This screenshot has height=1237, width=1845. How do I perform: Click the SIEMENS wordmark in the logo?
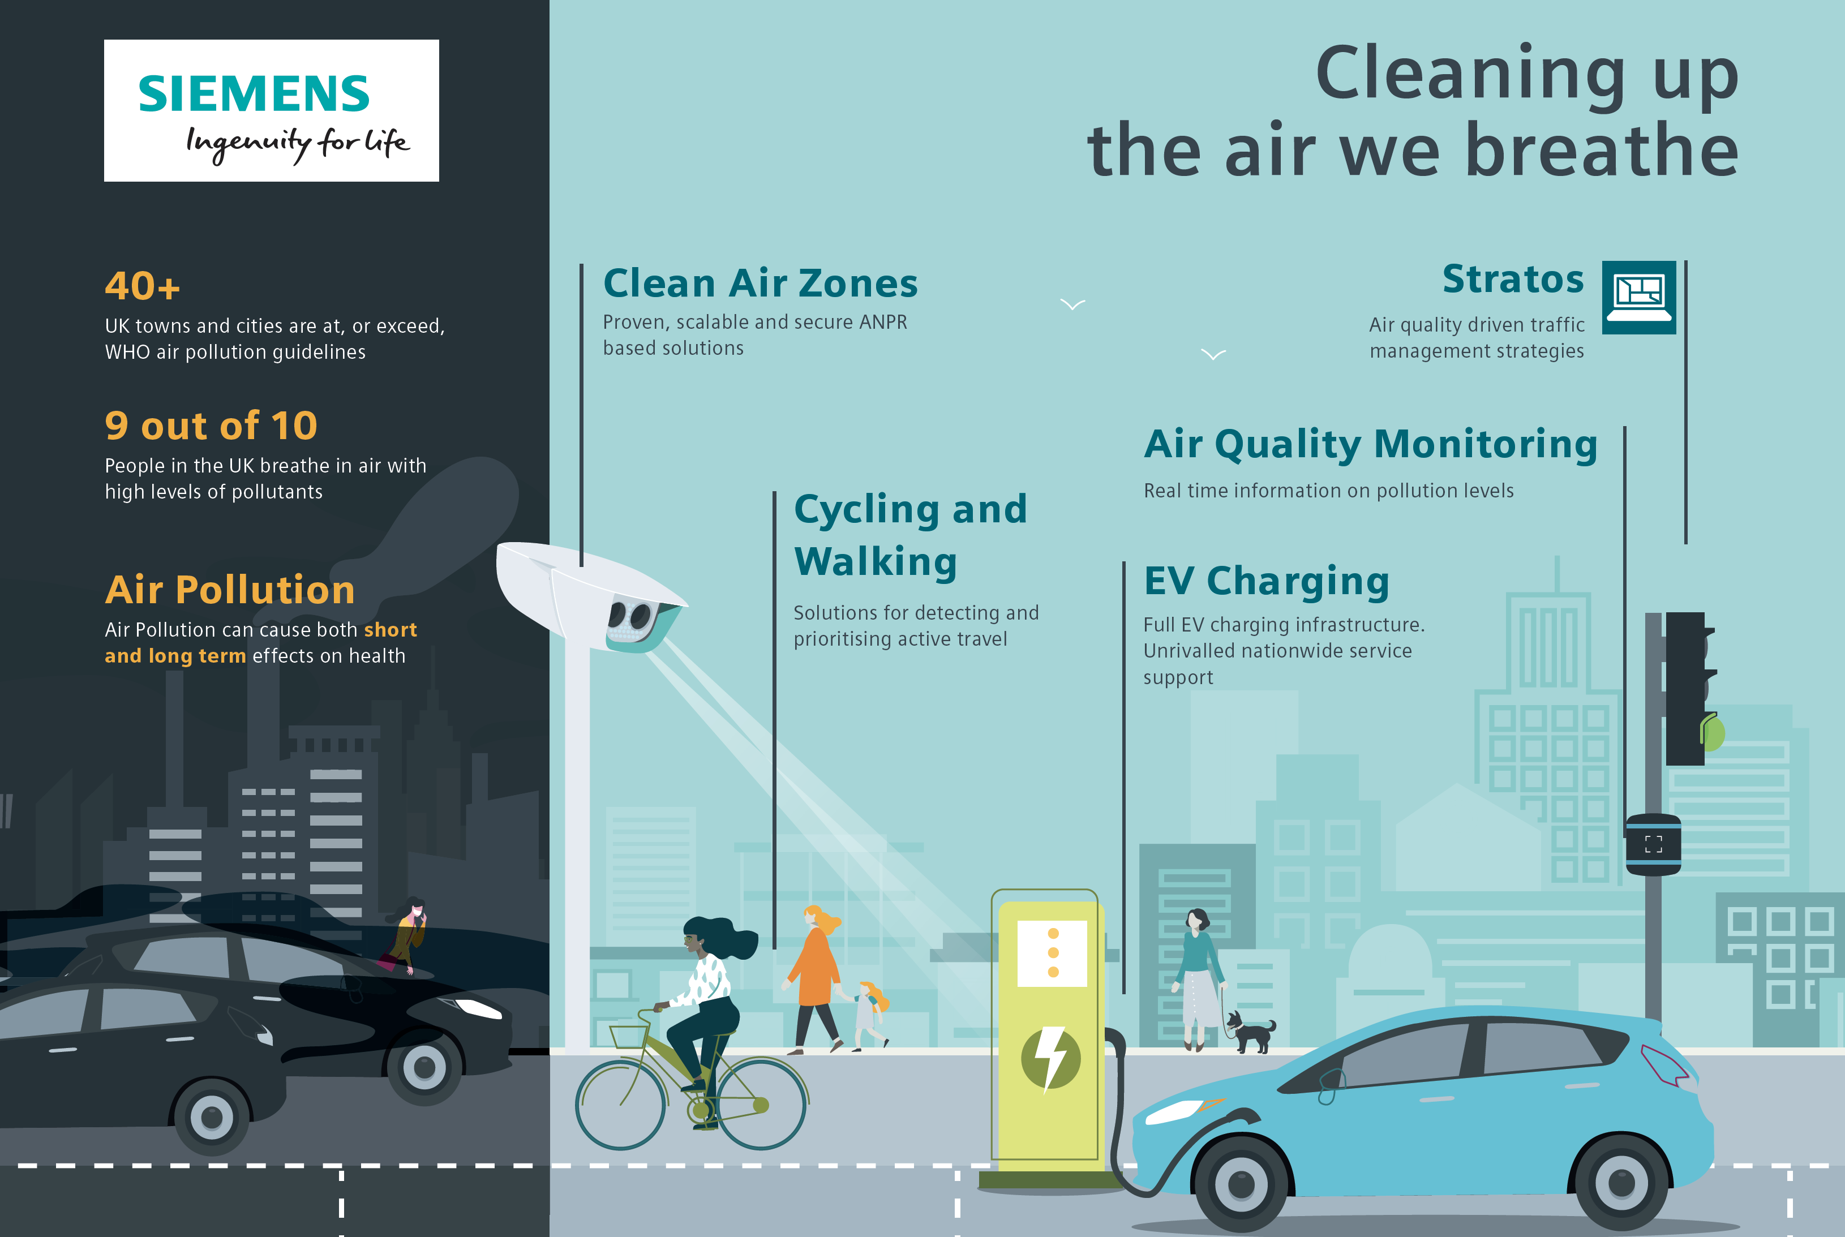click(254, 94)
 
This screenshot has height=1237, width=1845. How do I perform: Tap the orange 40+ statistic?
click(143, 286)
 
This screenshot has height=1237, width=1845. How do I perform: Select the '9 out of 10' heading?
click(212, 426)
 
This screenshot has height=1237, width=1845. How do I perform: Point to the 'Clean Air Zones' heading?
click(761, 283)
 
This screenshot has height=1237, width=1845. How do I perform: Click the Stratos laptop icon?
click(1639, 298)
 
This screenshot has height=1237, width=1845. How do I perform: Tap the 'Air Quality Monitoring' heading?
click(1370, 444)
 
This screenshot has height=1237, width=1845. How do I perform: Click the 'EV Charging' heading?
click(1267, 581)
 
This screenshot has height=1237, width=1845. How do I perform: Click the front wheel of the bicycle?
click(761, 1103)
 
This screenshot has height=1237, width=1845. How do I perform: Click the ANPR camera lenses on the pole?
click(631, 615)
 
